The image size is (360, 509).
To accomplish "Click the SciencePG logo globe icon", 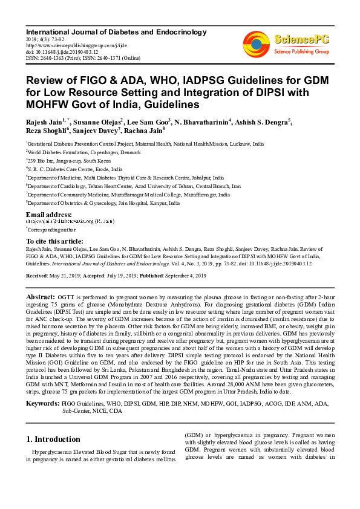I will point(257,42).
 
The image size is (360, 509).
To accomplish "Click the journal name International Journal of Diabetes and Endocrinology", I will point(116,32).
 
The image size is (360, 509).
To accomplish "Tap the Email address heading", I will point(49,215).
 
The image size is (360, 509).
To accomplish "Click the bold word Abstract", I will point(41,297).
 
